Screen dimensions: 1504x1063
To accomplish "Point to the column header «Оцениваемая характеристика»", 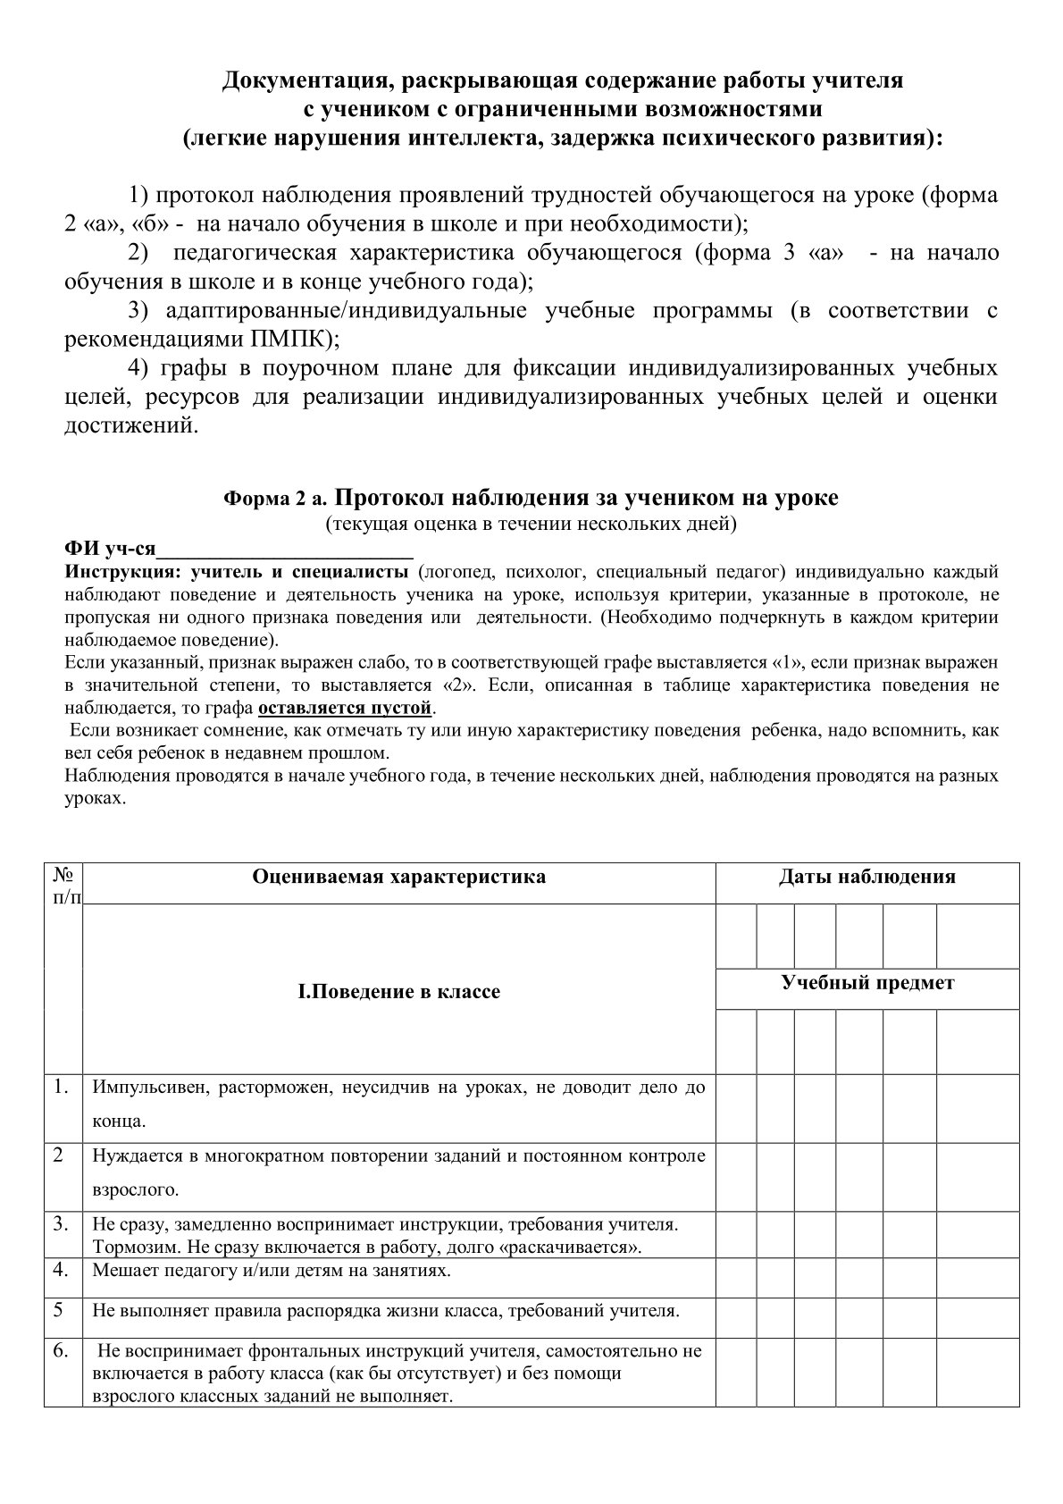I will click(398, 877).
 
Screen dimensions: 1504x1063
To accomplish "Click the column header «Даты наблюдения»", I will click(866, 877).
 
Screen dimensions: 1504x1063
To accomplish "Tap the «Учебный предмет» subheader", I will click(867, 983).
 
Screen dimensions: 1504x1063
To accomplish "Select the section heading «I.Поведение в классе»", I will click(398, 992).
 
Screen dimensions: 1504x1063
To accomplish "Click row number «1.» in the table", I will click(61, 1087).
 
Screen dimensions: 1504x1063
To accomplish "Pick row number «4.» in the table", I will click(61, 1269).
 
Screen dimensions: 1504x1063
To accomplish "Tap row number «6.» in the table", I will click(61, 1350).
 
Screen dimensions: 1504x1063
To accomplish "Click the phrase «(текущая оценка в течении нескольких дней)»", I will click(531, 524).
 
